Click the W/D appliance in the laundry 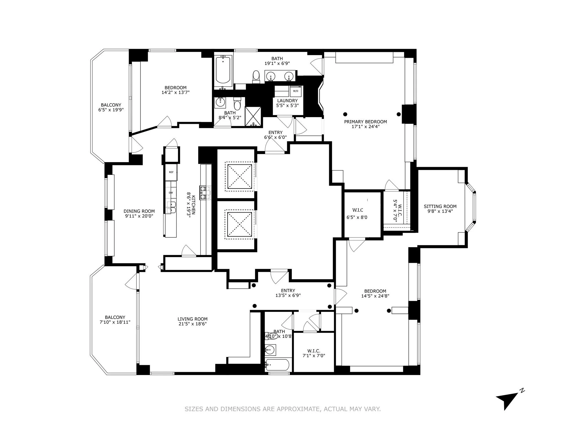[x=295, y=91]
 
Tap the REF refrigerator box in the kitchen [x=171, y=172]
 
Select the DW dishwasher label [x=171, y=193]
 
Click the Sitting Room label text [x=440, y=206]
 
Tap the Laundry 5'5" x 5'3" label [x=287, y=103]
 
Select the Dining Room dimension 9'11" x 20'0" [x=139, y=216]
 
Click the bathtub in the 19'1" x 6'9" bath [x=223, y=70]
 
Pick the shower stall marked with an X [x=253, y=116]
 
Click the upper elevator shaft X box [x=239, y=176]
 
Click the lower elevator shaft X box [x=239, y=224]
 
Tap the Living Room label [x=192, y=319]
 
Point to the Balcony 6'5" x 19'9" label [x=111, y=107]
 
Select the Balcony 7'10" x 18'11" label [x=115, y=320]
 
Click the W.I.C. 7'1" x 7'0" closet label [x=314, y=353]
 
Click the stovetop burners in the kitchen [x=205, y=193]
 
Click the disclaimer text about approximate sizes [x=283, y=409]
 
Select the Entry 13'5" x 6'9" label [x=288, y=293]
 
